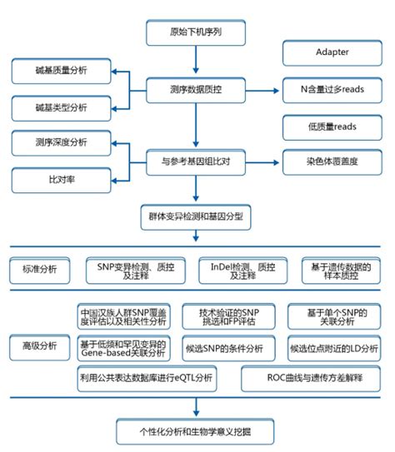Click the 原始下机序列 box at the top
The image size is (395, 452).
click(x=196, y=32)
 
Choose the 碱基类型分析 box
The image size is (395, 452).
click(x=61, y=107)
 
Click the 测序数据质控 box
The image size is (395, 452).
click(x=196, y=88)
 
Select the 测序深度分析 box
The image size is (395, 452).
click(x=61, y=142)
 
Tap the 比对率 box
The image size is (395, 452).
click(x=61, y=178)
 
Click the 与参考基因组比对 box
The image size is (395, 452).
click(x=196, y=160)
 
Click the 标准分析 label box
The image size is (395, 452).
click(x=42, y=270)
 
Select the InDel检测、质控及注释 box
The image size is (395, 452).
click(x=242, y=270)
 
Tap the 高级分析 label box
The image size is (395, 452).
click(x=42, y=344)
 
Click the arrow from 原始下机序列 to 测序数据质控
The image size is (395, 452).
click(x=196, y=60)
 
